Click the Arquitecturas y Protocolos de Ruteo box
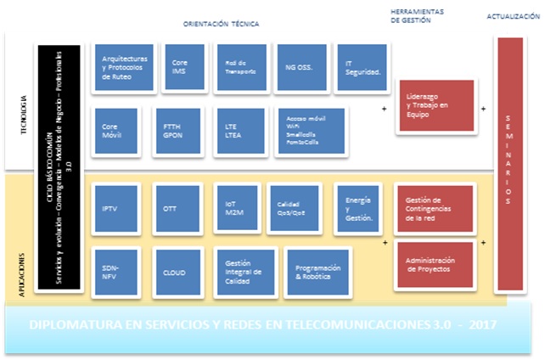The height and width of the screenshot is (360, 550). click(x=124, y=67)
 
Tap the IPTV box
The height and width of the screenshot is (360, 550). click(x=117, y=209)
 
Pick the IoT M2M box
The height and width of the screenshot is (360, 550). click(x=235, y=209)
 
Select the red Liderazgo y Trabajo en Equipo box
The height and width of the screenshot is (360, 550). click(x=435, y=106)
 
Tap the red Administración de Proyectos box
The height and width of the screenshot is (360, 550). click(x=435, y=264)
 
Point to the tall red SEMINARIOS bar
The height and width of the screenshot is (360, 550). click(x=508, y=162)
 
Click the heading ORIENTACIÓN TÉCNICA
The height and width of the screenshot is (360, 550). click(x=222, y=25)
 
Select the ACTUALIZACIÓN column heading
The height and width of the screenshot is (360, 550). click(x=513, y=16)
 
